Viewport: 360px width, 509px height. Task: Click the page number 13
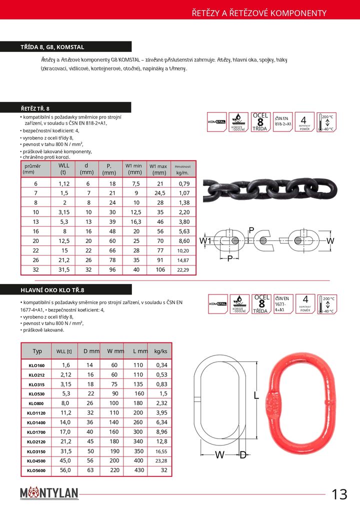pyautogui.click(x=339, y=494)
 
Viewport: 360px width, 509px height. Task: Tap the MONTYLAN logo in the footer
pyautogui.click(x=49, y=494)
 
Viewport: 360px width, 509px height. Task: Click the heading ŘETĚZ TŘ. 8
pyautogui.click(x=35, y=108)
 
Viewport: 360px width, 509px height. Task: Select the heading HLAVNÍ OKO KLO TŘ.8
pyautogui.click(x=52, y=290)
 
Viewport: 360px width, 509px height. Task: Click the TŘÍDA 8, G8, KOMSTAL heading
pyautogui.click(x=52, y=47)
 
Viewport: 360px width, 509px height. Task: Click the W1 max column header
pyautogui.click(x=158, y=169)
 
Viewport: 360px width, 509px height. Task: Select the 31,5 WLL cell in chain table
pyautogui.click(x=63, y=270)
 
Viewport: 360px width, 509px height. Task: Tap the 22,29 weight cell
pyautogui.click(x=183, y=270)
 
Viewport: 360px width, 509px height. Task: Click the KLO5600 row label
pyautogui.click(x=36, y=470)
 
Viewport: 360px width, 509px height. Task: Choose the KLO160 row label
pyautogui.click(x=36, y=365)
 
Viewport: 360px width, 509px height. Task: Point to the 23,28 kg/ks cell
pyautogui.click(x=160, y=461)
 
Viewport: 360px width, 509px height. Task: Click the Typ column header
pyautogui.click(x=37, y=351)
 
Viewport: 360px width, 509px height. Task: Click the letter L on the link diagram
pyautogui.click(x=256, y=396)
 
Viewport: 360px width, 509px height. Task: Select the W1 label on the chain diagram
pyautogui.click(x=205, y=241)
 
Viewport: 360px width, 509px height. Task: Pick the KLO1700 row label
pyautogui.click(x=36, y=432)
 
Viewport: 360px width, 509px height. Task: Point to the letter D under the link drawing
pyautogui.click(x=243, y=454)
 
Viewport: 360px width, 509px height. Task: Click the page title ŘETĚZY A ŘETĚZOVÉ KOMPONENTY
pyautogui.click(x=259, y=13)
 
